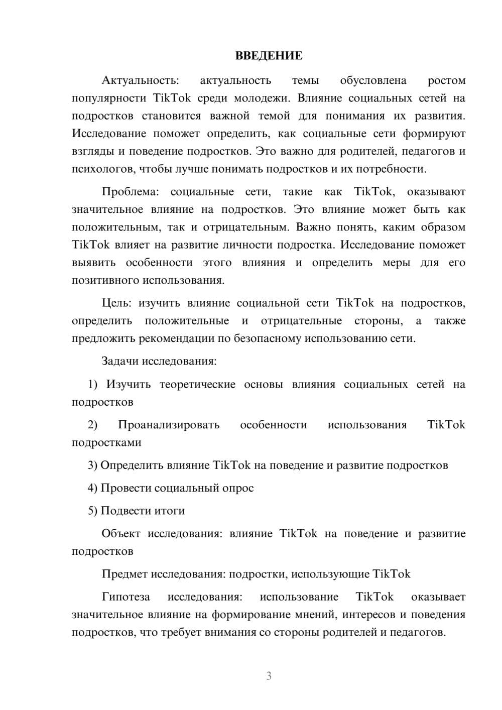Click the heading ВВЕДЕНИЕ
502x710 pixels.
click(269, 56)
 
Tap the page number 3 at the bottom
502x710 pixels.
click(269, 676)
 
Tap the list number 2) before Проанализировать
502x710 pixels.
click(93, 425)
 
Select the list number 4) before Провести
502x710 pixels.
click(93, 488)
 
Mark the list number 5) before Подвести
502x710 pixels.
click(93, 511)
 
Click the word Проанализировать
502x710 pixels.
click(169, 425)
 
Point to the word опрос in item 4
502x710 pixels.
click(238, 488)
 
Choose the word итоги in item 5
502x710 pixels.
click(169, 511)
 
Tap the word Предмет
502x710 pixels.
click(124, 574)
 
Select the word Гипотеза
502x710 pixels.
click(125, 597)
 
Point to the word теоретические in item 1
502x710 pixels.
click(197, 384)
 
